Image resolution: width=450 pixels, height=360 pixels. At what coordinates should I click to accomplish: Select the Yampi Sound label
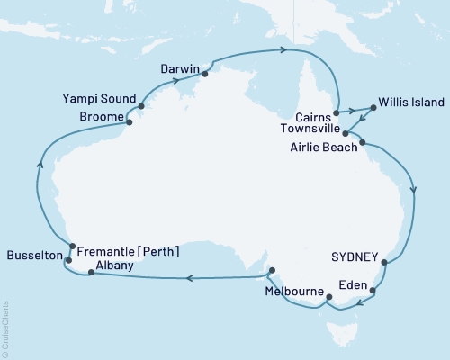102,98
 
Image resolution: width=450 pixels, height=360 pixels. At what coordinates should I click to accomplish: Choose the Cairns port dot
335,113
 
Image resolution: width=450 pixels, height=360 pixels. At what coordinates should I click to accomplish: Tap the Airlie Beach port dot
362,142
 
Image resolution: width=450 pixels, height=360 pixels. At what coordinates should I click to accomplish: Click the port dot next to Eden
373,291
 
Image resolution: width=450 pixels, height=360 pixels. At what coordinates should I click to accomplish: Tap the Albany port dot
90,274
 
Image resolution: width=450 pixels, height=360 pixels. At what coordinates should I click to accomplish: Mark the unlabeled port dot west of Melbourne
271,269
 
